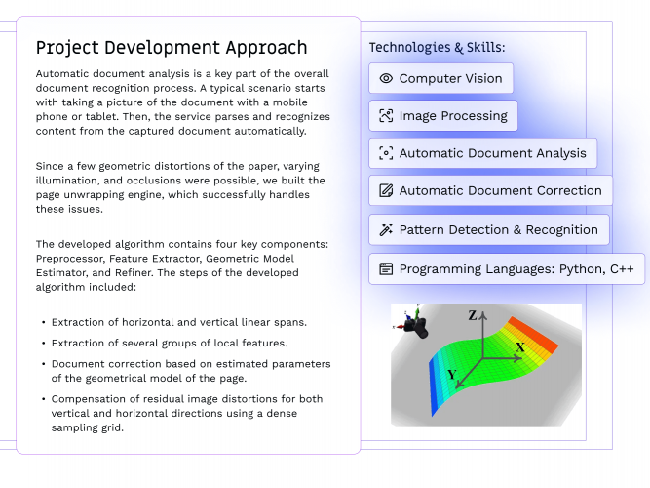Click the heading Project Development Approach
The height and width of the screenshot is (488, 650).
172,47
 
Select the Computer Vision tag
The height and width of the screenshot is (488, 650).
441,78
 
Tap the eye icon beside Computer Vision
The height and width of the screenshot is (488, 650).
386,78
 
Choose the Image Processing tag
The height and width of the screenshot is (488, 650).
444,116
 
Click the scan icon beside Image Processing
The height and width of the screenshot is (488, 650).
386,116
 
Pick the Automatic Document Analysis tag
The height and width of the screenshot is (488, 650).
483,153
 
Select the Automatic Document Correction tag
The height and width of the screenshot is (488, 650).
491,190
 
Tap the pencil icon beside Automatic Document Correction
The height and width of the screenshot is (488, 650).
386,190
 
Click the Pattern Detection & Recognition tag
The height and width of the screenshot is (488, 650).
489,230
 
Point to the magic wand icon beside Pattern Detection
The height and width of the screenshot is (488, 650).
386,230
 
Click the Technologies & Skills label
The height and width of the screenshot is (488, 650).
437,47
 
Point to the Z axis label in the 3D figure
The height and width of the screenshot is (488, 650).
473,315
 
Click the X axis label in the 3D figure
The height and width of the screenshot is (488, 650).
520,346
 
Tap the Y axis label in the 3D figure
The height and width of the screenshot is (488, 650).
450,375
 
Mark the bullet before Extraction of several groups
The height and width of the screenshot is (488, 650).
43,343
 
